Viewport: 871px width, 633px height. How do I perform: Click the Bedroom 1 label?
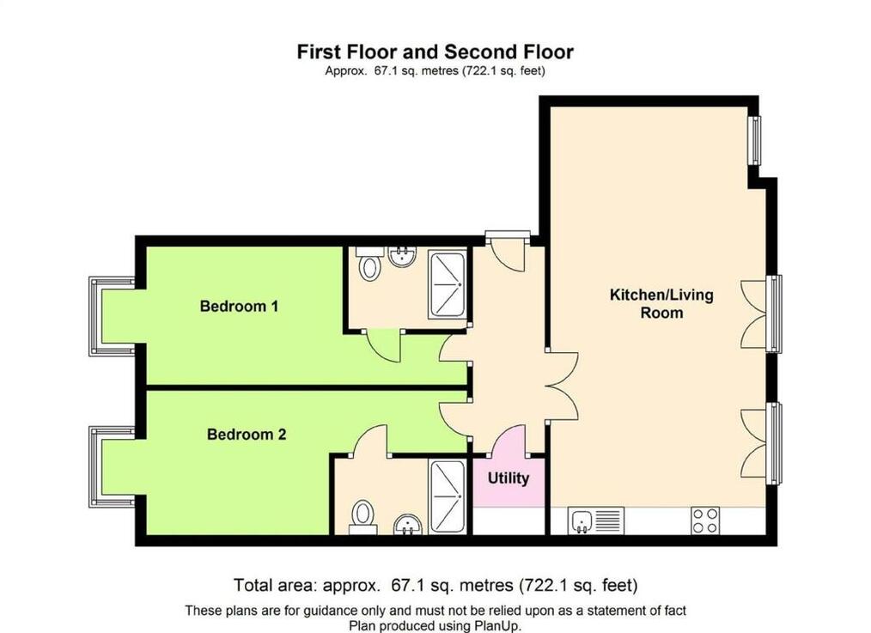(x=239, y=306)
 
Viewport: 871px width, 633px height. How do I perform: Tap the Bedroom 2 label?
(x=247, y=435)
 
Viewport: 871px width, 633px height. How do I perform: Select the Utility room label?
(x=509, y=478)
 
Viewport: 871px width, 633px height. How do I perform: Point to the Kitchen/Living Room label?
(x=661, y=303)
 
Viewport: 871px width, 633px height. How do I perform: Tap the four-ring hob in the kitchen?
(x=705, y=520)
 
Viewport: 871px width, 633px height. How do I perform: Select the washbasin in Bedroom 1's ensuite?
(x=403, y=257)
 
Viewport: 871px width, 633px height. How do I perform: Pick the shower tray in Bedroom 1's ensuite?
(x=448, y=284)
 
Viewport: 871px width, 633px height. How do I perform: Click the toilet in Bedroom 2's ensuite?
(x=363, y=517)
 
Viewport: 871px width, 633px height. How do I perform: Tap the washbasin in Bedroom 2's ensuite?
(x=408, y=525)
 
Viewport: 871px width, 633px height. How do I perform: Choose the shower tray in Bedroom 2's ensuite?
(x=448, y=496)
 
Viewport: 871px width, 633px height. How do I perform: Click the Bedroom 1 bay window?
(x=112, y=316)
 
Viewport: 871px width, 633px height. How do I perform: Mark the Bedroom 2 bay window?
(x=112, y=466)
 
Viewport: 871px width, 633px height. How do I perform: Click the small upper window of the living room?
(x=755, y=141)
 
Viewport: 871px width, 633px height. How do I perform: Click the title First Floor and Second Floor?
(x=435, y=52)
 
